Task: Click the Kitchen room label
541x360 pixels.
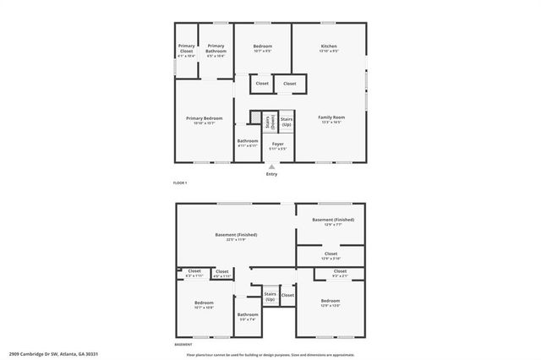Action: [x=329, y=47]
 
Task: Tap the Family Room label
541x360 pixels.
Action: [x=330, y=118]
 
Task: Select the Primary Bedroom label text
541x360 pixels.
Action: [x=204, y=120]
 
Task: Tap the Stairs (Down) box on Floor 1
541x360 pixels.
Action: [x=269, y=122]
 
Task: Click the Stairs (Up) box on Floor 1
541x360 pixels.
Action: [x=287, y=122]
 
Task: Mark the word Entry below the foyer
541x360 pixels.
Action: [x=271, y=174]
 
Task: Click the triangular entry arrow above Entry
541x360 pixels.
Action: [x=271, y=166]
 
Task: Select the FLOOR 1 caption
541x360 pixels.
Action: [x=179, y=183]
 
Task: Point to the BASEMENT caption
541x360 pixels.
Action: [x=183, y=345]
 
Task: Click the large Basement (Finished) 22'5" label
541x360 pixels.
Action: [x=236, y=237]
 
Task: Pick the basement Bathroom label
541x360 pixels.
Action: [x=248, y=316]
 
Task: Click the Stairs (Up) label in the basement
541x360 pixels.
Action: [x=270, y=297]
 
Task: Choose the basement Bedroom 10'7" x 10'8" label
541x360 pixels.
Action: [x=204, y=304]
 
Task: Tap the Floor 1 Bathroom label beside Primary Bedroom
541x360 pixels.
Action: [x=248, y=143]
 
